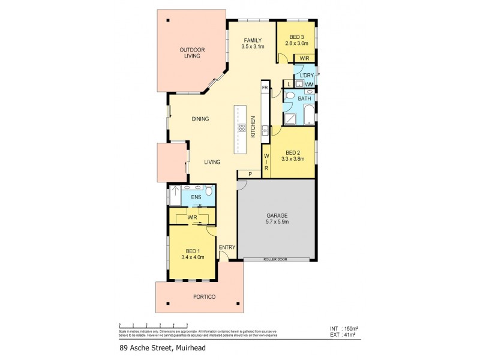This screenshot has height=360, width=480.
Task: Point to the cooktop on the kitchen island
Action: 242,127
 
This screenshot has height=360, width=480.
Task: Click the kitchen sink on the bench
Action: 264,129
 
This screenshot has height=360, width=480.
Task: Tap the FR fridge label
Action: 264,88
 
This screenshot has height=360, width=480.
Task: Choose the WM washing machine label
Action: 309,84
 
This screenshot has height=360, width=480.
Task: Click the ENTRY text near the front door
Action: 227,247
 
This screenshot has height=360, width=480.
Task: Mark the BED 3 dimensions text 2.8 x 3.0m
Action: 296,43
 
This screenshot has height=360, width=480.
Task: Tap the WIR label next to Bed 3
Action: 304,58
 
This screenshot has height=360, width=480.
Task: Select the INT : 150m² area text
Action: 344,329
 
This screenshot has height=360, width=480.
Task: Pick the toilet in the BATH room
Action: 289,97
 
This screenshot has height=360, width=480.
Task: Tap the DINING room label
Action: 200,119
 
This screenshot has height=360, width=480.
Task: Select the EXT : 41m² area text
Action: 344,336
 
